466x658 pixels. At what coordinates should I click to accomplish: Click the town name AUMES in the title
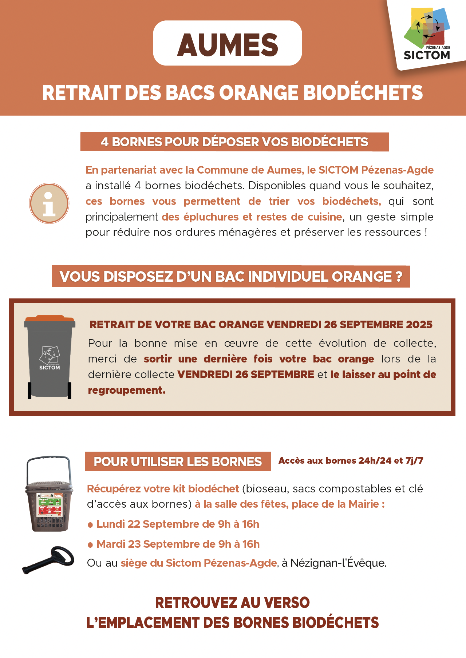228,45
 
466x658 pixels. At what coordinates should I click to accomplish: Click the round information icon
49,203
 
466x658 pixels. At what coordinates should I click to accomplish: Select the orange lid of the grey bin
50,319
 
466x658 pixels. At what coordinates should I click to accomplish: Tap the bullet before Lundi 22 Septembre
90,525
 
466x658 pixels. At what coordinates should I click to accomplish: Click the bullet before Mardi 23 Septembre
90,545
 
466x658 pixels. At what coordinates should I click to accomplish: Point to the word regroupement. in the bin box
127,390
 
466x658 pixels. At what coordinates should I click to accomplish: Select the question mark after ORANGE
399,277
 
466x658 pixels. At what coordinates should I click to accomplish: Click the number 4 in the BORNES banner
105,142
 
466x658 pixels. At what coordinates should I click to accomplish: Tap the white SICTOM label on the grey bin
50,368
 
